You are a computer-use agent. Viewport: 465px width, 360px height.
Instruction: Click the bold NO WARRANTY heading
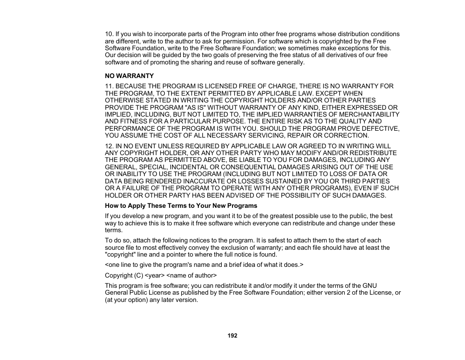(129, 76)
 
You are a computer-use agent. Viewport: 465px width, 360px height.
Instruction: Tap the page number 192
(232, 336)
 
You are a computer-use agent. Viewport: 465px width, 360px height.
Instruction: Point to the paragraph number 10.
(109, 34)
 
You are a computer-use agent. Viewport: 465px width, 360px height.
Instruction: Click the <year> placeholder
(154, 276)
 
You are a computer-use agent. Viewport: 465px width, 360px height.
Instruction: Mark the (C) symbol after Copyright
(138, 276)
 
